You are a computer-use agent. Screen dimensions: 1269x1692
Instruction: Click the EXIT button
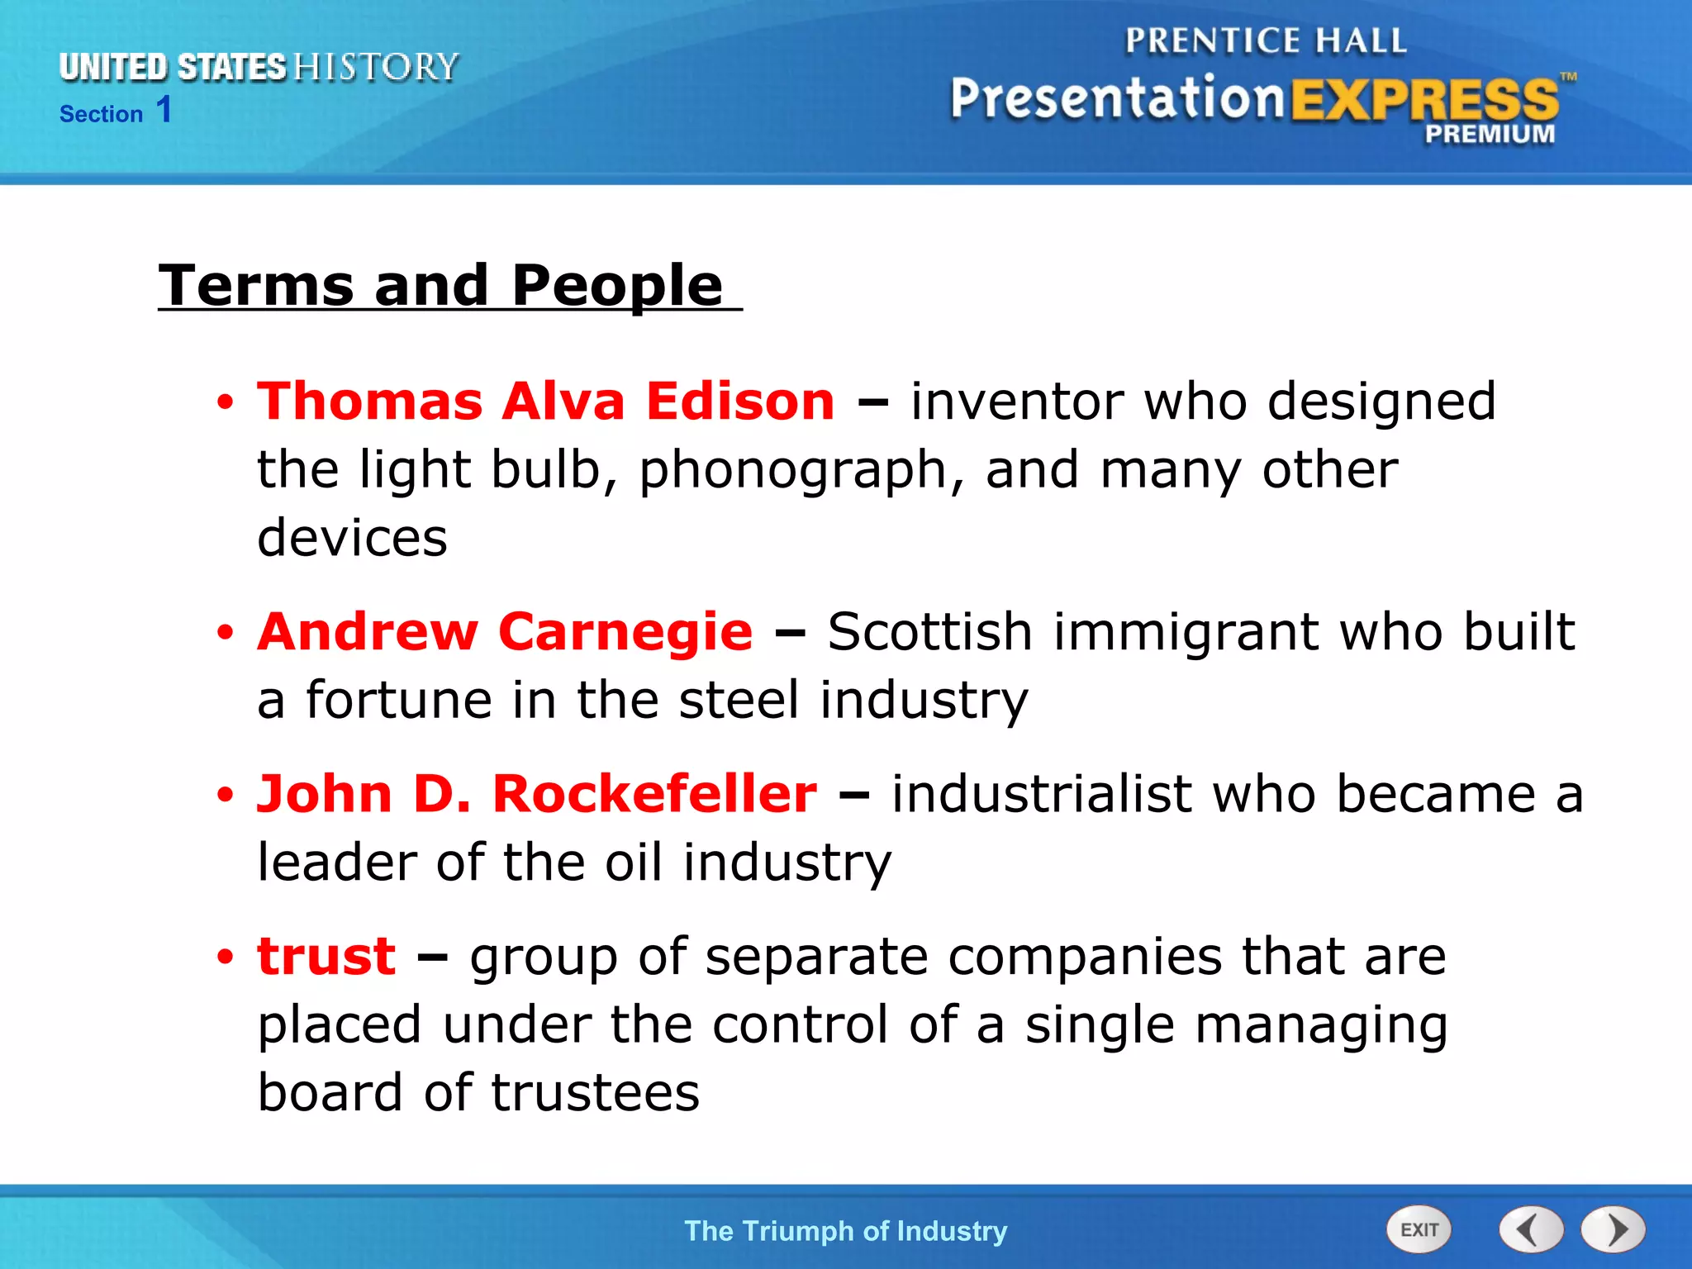tap(1419, 1229)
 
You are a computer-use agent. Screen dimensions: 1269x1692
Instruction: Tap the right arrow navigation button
tap(1614, 1229)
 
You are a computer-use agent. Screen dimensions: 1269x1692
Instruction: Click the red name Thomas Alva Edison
tap(545, 402)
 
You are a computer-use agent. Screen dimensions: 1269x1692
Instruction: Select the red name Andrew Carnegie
tap(505, 632)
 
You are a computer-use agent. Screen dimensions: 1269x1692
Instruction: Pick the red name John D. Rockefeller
tap(537, 794)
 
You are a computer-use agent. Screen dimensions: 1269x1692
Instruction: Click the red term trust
tap(326, 956)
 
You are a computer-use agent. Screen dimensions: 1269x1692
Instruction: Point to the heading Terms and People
tap(441, 285)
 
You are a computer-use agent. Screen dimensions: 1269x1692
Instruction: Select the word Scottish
tap(930, 632)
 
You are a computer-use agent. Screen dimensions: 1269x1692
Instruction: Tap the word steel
tap(739, 700)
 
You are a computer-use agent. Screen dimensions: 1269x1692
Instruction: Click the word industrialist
tap(1041, 794)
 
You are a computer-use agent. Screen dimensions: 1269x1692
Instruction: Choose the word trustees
tap(595, 1092)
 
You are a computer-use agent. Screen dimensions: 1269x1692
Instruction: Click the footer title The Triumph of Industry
tap(846, 1231)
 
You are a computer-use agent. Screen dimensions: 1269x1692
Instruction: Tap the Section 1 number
tap(164, 110)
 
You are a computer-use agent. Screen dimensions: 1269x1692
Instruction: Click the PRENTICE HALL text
tap(1266, 40)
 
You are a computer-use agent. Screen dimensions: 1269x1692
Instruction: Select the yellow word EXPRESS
tap(1424, 101)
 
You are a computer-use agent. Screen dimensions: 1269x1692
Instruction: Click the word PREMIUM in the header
tap(1490, 134)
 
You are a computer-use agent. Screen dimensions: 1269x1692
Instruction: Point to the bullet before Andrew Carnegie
tap(225, 634)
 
